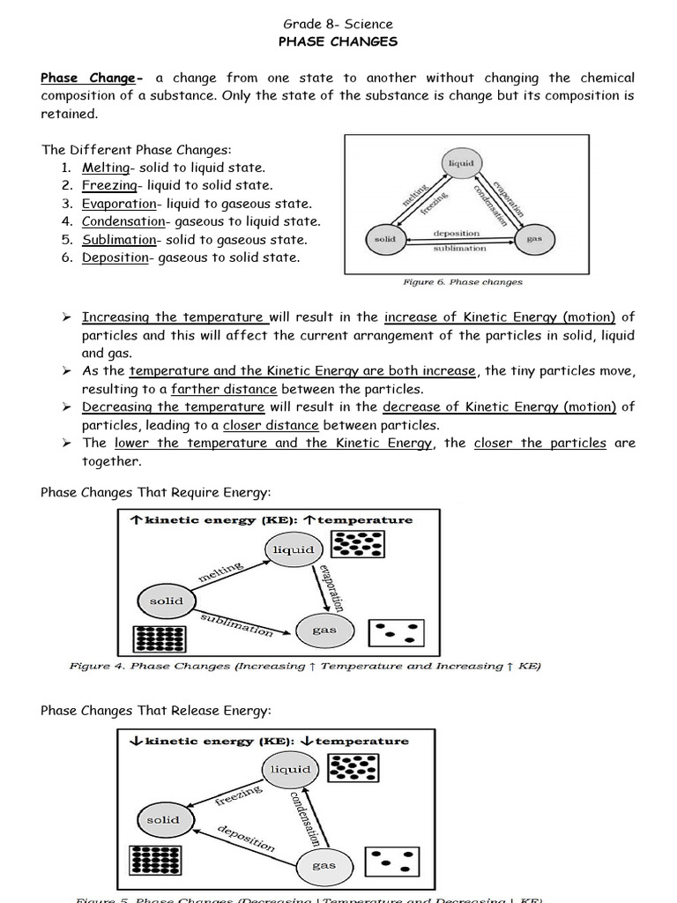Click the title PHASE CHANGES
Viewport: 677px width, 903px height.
[x=338, y=41]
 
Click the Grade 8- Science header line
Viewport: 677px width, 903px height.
[x=338, y=24]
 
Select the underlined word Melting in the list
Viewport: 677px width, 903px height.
[x=105, y=168]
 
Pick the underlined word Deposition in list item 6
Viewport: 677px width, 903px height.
[x=115, y=257]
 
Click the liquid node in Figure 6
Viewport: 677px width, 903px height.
[x=461, y=164]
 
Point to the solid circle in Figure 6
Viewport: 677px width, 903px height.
[x=385, y=239]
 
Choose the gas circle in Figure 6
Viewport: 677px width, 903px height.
[x=534, y=239]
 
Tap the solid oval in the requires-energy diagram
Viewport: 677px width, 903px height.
[x=166, y=601]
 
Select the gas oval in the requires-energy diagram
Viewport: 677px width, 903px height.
[x=324, y=630]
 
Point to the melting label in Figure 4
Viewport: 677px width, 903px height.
[x=220, y=572]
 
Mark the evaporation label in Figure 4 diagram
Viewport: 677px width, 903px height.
[x=331, y=588]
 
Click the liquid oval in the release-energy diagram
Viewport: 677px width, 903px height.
[x=291, y=769]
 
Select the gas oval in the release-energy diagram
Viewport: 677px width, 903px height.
[x=324, y=865]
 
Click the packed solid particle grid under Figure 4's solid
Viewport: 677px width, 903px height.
[x=156, y=641]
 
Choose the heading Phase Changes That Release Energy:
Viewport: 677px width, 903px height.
[x=156, y=711]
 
